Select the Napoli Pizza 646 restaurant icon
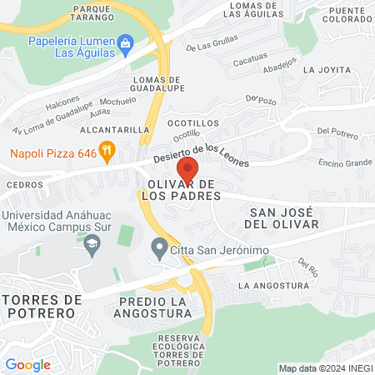129,151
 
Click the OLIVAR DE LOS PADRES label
182,189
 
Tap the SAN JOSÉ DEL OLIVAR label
283,218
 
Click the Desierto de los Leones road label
212,155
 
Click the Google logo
27,364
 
